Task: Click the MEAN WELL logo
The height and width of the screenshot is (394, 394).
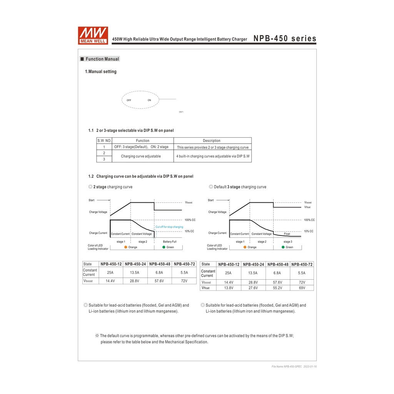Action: click(93, 35)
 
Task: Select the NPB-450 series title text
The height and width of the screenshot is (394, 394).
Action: click(285, 38)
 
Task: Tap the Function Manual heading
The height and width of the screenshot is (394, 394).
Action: click(102, 59)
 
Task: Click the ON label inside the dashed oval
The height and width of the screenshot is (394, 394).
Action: click(149, 100)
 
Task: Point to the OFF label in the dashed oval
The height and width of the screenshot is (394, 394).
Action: click(129, 100)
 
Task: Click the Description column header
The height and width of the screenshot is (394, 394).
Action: click(212, 141)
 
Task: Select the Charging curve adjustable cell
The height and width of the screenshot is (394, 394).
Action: click(141, 156)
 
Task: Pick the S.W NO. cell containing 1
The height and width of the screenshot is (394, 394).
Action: click(104, 147)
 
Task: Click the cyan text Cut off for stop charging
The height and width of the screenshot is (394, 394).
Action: click(169, 227)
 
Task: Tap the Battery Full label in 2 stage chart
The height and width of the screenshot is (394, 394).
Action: click(169, 242)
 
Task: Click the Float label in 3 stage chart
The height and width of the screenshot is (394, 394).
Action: click(287, 234)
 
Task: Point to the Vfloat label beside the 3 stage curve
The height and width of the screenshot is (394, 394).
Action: click(307, 207)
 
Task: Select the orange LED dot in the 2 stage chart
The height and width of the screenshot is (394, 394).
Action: click(126, 247)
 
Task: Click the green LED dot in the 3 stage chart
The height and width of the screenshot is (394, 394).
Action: click(283, 247)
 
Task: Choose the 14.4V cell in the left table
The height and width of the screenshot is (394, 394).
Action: click(110, 281)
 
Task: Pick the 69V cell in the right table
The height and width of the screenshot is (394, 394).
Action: click(302, 288)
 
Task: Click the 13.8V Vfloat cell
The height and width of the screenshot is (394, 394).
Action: click(228, 288)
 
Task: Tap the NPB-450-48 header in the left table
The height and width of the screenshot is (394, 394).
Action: click(160, 264)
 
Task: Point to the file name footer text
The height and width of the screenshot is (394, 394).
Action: click(294, 366)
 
